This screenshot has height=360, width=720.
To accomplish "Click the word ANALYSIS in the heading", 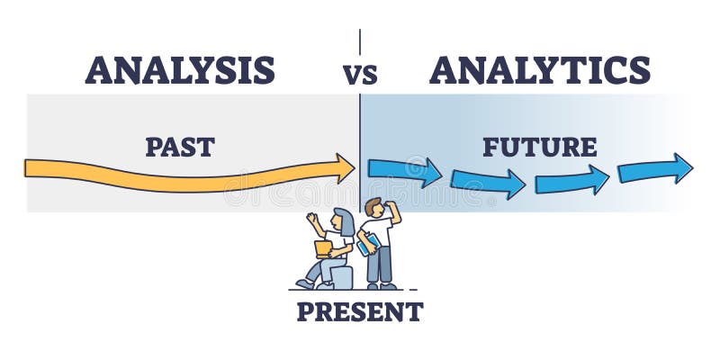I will pyautogui.click(x=179, y=69).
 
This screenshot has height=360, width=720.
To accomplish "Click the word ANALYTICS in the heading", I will pyautogui.click(x=539, y=69).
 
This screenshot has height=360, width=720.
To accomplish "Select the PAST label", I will pyautogui.click(x=179, y=147).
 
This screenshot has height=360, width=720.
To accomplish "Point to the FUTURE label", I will pyautogui.click(x=539, y=146).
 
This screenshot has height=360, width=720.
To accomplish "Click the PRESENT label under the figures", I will pyautogui.click(x=359, y=313).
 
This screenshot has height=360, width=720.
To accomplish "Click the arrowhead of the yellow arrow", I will pyautogui.click(x=345, y=166).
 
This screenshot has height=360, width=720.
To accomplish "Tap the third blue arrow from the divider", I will pyautogui.click(x=571, y=179).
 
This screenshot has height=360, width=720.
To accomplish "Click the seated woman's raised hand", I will pyautogui.click(x=310, y=218).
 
